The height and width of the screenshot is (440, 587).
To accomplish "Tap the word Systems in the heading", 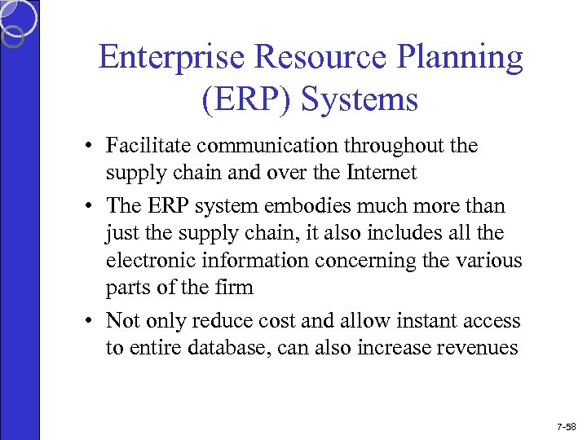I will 359,99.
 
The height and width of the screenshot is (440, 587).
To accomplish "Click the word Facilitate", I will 148,146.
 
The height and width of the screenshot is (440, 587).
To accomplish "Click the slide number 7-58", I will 566,426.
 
